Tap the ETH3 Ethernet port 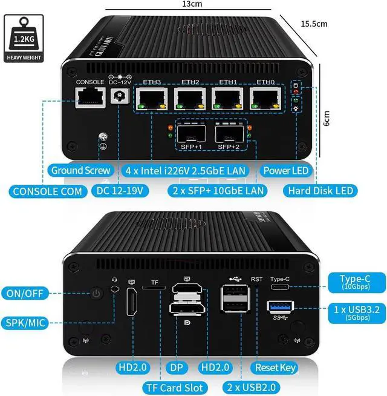(x=151, y=99)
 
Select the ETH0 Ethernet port (x=265, y=99)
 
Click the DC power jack (x=119, y=96)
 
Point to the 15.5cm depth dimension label (x=314, y=24)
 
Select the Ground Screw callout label (x=80, y=170)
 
